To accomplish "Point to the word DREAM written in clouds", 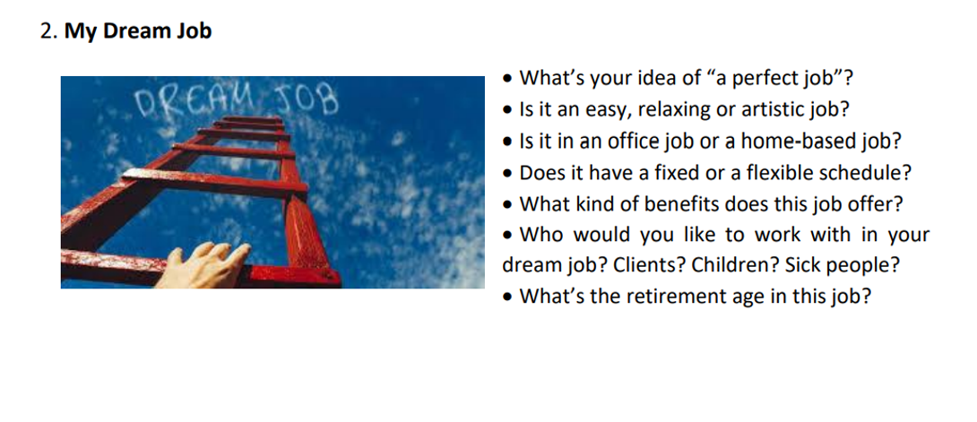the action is pos(194,101).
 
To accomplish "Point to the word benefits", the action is pos(679,204).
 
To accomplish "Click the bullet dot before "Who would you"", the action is pos(510,236).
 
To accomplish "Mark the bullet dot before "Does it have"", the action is pos(508,174).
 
